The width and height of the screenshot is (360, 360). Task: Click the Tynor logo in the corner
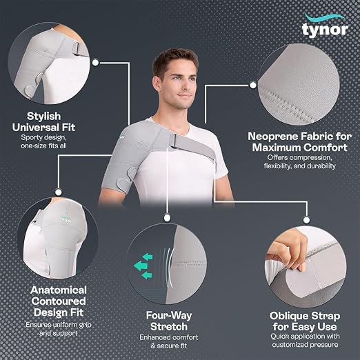(x=325, y=26)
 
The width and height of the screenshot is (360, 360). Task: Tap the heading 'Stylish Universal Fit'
(x=43, y=121)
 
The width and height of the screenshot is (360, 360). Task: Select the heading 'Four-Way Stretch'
(x=169, y=321)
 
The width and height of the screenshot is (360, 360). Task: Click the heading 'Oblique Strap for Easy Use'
(x=305, y=321)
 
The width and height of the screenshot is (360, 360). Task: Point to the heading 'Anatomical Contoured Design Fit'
(x=59, y=301)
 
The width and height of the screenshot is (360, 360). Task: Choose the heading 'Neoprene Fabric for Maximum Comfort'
(x=300, y=142)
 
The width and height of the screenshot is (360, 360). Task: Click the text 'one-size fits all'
(x=43, y=146)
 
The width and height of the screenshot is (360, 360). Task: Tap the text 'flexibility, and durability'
(x=300, y=166)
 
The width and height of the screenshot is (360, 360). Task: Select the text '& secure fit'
(x=169, y=346)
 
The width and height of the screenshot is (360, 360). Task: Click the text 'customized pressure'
(x=305, y=345)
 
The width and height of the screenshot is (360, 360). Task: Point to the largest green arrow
(x=141, y=266)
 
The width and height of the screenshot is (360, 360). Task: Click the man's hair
(x=175, y=61)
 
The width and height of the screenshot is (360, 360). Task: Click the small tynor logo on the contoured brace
(x=66, y=219)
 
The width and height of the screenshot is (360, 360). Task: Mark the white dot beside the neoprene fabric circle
(x=253, y=86)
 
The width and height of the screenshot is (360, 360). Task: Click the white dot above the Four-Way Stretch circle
(x=167, y=218)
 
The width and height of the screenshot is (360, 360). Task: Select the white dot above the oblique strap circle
(x=306, y=220)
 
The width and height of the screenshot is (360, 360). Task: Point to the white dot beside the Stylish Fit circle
(x=95, y=62)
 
